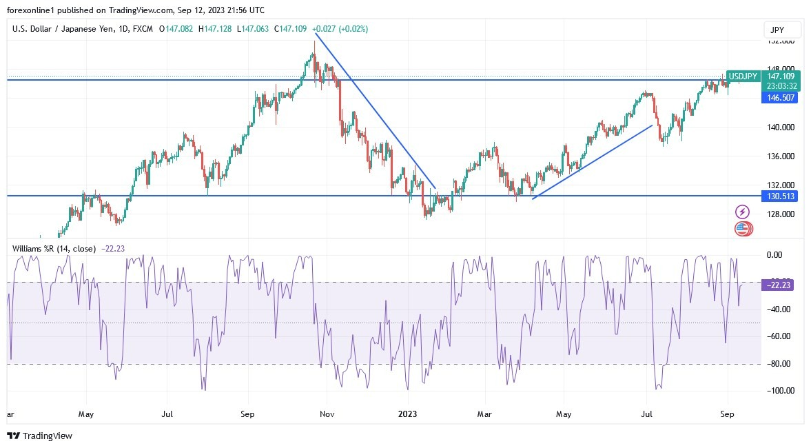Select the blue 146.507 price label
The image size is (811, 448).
pyautogui.click(x=779, y=99)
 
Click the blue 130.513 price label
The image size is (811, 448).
pyautogui.click(x=779, y=196)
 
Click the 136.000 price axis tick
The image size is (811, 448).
pyautogui.click(x=780, y=156)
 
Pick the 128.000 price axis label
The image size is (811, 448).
pyautogui.click(x=780, y=214)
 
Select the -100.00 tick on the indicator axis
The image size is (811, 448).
pyautogui.click(x=780, y=391)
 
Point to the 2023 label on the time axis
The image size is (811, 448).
pyautogui.click(x=408, y=414)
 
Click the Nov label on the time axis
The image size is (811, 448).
pyautogui.click(x=327, y=414)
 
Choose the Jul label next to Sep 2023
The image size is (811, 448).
pyautogui.click(x=647, y=414)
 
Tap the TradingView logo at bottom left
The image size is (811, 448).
pyautogui.click(x=39, y=436)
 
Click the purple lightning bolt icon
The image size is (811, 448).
pyautogui.click(x=742, y=212)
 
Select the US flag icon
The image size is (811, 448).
pyautogui.click(x=741, y=228)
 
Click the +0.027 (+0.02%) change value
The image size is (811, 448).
pyautogui.click(x=340, y=29)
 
